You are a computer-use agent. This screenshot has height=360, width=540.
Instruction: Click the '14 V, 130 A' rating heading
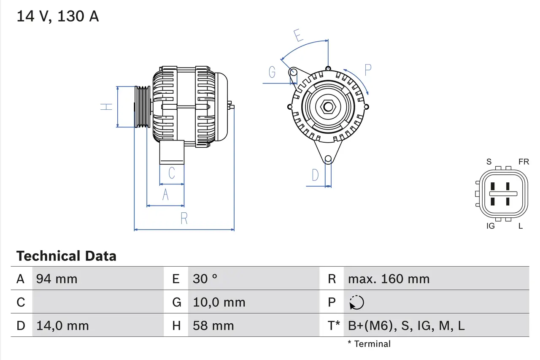click(58, 16)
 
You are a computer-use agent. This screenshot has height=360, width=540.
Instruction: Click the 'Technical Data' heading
click(66, 256)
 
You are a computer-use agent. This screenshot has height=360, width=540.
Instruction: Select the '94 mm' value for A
click(57, 279)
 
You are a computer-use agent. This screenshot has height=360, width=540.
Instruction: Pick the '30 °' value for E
click(205, 279)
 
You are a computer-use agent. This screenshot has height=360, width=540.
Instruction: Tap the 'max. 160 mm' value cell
click(389, 279)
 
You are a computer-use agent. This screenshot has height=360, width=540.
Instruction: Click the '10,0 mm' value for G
click(219, 303)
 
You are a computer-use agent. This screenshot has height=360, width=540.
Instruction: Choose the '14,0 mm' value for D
click(62, 326)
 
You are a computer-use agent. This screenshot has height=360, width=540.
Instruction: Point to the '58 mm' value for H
click(213, 326)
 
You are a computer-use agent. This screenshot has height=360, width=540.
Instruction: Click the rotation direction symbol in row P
click(357, 303)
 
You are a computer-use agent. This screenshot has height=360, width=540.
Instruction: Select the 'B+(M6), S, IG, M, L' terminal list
click(406, 326)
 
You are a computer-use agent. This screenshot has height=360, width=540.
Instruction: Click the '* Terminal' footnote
click(369, 344)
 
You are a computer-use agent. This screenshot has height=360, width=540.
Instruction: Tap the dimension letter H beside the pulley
click(108, 106)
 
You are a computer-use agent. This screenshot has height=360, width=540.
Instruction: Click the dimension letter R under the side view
click(184, 219)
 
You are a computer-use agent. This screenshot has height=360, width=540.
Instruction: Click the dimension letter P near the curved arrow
click(368, 70)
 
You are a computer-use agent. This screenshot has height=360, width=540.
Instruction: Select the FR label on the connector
click(524, 162)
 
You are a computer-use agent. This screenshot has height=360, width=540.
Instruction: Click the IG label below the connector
click(490, 226)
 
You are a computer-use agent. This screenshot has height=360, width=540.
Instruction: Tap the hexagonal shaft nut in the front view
click(328, 106)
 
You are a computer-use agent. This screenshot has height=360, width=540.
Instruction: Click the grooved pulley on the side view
click(142, 107)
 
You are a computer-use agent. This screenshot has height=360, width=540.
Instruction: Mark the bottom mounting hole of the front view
click(328, 159)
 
